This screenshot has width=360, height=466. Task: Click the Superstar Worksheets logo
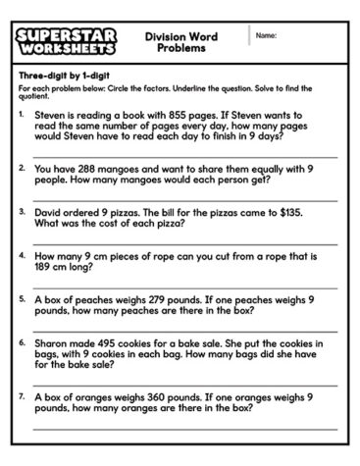pyautogui.click(x=67, y=40)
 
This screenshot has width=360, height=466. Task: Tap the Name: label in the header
pyautogui.click(x=266, y=36)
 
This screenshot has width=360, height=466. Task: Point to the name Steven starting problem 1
pyautogui.click(x=50, y=115)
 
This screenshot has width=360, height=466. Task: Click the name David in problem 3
pyautogui.click(x=49, y=210)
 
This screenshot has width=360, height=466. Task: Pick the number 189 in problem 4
pyautogui.click(x=46, y=264)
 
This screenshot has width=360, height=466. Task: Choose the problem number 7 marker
pyautogui.click(x=23, y=395)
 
